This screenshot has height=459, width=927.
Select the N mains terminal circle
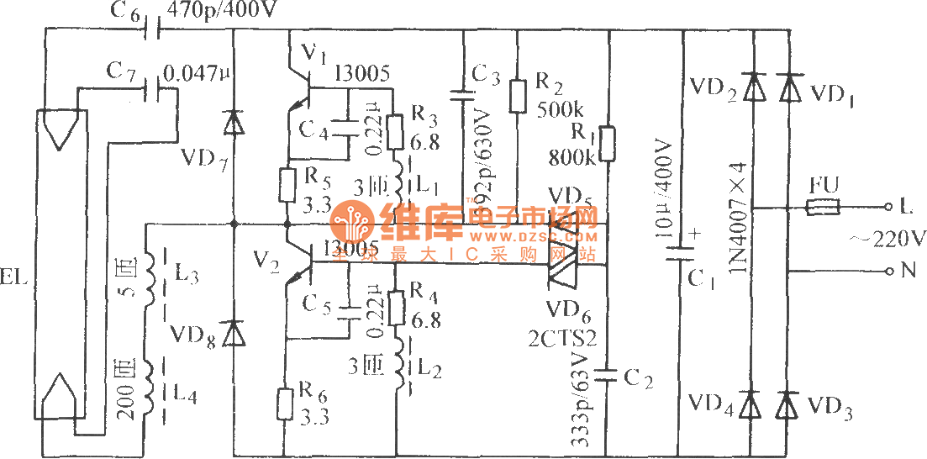pyautogui.click(x=889, y=271)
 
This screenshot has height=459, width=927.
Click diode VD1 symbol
pyautogui.click(x=788, y=87)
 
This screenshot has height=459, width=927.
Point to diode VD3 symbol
pyautogui.click(x=787, y=406)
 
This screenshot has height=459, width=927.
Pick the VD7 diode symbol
pyautogui.click(x=233, y=123)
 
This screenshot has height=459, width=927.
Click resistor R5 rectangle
pyautogui.click(x=287, y=185)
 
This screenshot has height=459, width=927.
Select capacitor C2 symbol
pyautogui.click(x=608, y=377)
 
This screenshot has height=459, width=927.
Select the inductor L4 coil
pyautogui.click(x=151, y=390)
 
